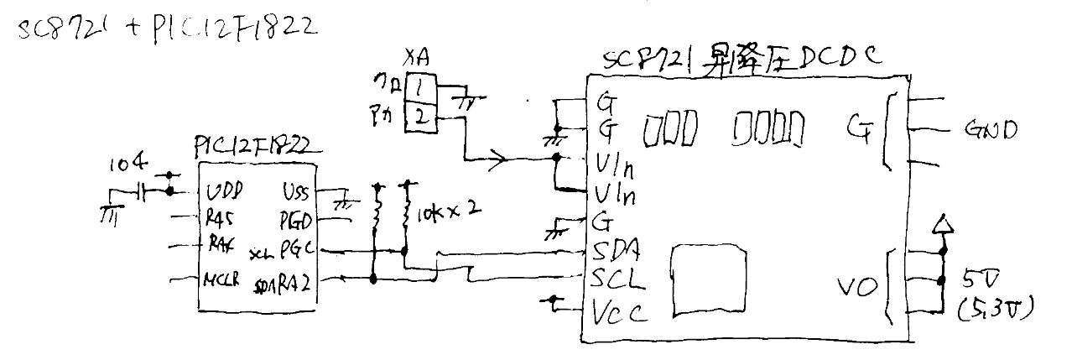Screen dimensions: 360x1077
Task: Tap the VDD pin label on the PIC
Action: (225, 191)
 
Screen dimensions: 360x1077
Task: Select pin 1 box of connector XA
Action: (420, 86)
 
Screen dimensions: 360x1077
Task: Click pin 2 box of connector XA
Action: (420, 117)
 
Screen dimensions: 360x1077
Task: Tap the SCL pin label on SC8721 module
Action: (618, 279)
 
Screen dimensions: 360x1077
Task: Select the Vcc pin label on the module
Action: (620, 312)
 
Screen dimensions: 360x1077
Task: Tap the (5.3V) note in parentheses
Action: (996, 308)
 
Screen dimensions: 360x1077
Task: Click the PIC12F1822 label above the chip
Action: (252, 148)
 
